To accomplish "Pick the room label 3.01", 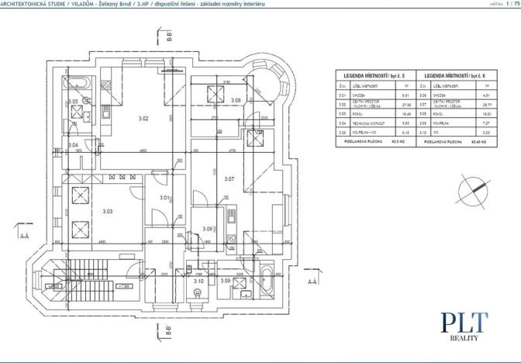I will point(164,198).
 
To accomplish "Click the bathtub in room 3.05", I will point(79,82).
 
